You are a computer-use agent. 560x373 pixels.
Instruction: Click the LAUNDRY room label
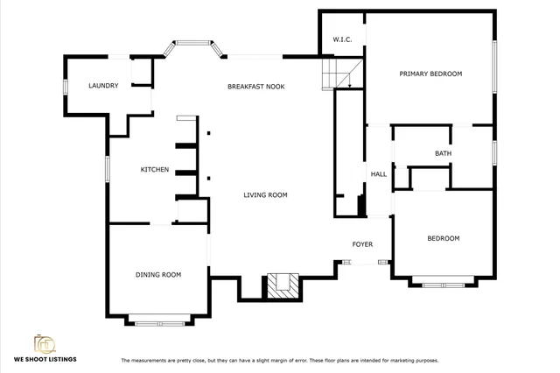click(103, 86)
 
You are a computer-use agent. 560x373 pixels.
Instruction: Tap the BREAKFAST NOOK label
click(255, 87)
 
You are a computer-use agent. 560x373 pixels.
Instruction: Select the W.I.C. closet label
click(342, 40)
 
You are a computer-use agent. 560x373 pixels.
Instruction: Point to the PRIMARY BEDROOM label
click(430, 74)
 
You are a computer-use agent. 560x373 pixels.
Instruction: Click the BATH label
click(444, 154)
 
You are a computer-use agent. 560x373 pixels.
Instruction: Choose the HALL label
click(379, 174)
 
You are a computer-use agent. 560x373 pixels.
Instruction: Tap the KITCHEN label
click(155, 169)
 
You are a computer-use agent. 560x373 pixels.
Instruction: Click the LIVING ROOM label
click(265, 195)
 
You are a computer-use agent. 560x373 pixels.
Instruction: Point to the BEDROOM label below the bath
click(443, 238)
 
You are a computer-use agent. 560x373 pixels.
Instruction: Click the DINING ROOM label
click(158, 275)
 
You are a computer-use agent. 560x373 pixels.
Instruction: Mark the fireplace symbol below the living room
click(282, 284)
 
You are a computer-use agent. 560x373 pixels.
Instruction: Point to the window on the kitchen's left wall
click(108, 169)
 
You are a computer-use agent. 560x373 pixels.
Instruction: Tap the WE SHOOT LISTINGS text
click(45, 360)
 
